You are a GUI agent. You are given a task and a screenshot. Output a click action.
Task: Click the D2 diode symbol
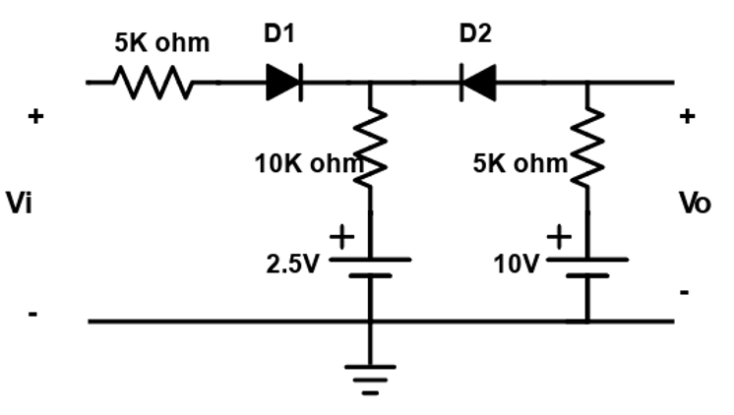tap(477, 83)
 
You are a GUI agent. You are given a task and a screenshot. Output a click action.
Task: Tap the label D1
tap(279, 33)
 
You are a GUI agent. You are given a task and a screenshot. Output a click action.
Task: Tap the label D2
tap(475, 33)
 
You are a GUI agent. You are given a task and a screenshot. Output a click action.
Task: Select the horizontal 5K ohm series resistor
tap(154, 83)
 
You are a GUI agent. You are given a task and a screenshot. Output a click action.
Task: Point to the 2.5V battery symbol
tap(370, 267)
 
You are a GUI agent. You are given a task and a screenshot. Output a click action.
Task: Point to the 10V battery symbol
tap(587, 267)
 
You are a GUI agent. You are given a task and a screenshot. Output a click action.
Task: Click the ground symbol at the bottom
tap(370, 379)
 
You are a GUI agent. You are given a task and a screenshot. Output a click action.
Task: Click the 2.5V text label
tap(293, 265)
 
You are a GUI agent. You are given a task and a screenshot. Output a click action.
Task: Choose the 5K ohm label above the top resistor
tap(162, 43)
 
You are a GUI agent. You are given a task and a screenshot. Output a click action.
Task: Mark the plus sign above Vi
tap(35, 117)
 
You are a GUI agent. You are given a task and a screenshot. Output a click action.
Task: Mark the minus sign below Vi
tap(33, 315)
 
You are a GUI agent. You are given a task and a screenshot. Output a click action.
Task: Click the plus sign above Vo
tap(688, 117)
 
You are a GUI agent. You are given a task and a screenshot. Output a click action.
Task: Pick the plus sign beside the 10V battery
tap(559, 237)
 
